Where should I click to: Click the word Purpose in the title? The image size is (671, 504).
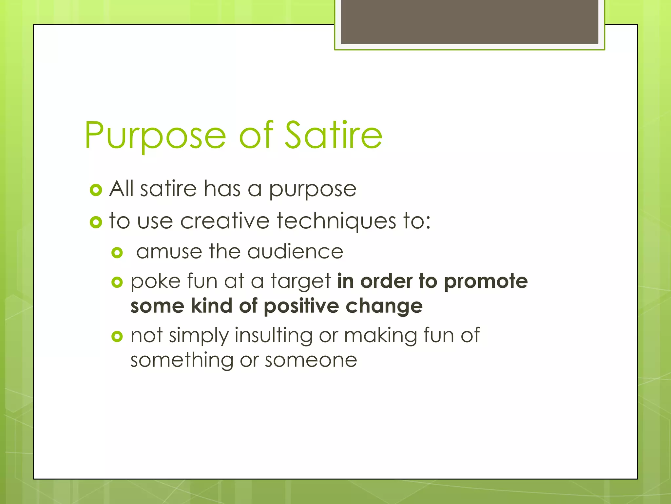point(155,135)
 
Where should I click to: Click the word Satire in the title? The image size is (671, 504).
point(334,135)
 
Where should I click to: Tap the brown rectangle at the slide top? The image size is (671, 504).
point(469,22)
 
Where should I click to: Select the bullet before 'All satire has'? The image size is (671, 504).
point(96,190)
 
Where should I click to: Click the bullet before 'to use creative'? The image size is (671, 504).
point(96,222)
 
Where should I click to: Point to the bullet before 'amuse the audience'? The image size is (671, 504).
point(117,253)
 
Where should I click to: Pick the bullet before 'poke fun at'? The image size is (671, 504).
point(117,282)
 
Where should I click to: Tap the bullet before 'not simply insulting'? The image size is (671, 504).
point(117,336)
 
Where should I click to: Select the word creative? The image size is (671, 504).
point(224,221)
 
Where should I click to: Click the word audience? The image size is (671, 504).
point(295,252)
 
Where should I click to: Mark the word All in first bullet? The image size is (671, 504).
point(121,189)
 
